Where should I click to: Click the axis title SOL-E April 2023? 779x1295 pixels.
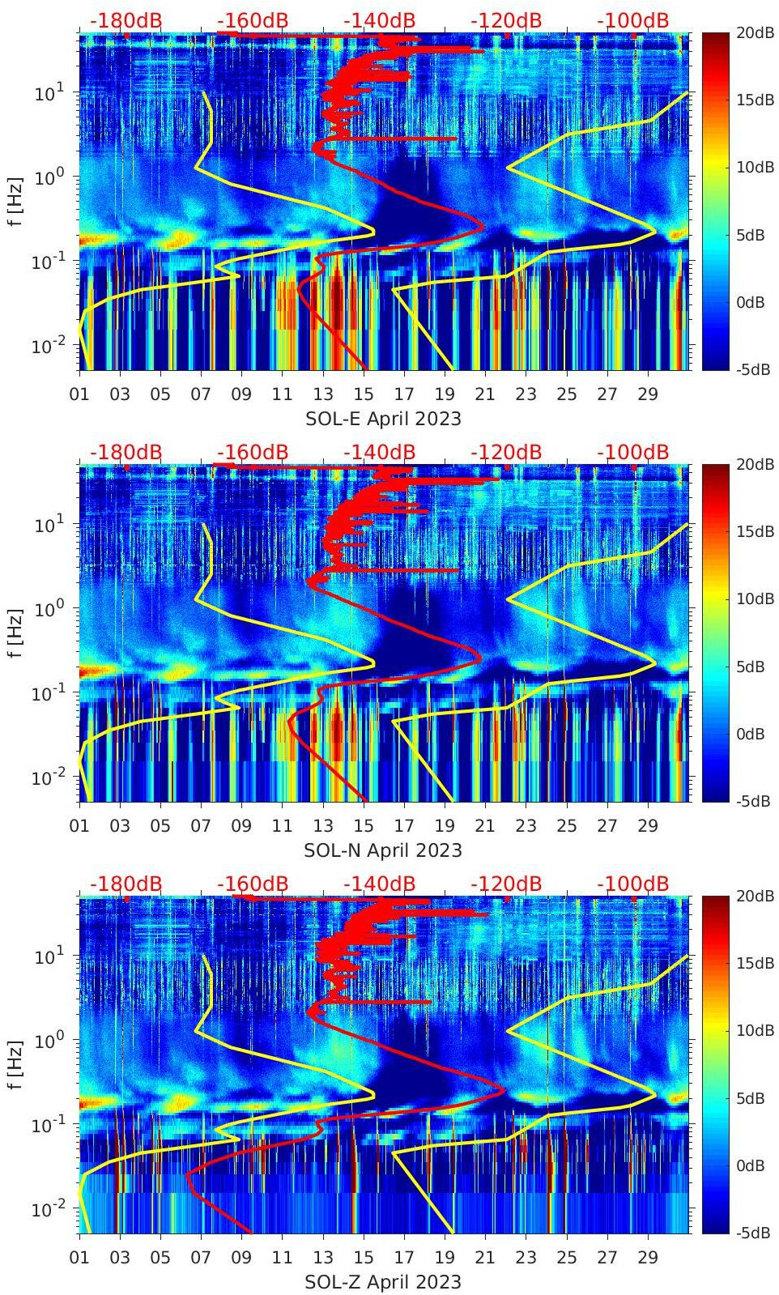point(383,419)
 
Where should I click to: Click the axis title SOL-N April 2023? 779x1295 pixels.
point(383,850)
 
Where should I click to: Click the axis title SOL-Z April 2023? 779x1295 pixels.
point(383,1282)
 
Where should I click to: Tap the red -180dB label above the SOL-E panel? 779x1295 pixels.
point(126,20)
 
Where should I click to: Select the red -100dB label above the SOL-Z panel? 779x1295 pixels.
point(633,884)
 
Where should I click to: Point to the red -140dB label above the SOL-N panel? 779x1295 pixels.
point(379,452)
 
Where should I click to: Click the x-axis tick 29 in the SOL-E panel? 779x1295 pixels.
point(648,394)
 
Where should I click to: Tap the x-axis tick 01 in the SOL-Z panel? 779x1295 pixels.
point(79,1258)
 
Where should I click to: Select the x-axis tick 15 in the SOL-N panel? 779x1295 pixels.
point(364,826)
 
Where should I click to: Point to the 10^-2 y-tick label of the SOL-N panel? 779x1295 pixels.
point(47,777)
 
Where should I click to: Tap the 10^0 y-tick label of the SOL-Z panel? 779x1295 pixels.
point(49,1040)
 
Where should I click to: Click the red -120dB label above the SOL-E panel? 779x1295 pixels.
point(506,20)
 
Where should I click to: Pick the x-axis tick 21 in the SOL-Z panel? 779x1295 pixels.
point(485,1258)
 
